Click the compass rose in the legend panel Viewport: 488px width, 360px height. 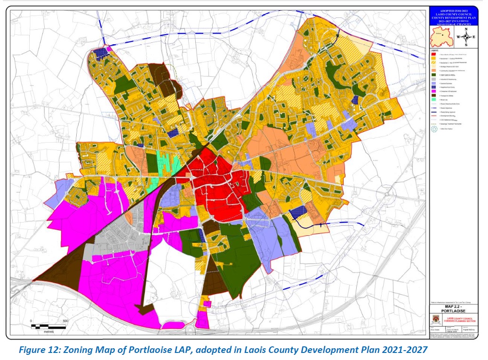pos(466,36)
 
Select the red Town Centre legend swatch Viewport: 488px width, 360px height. pos(433,54)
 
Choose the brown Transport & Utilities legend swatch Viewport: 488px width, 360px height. pos(433,96)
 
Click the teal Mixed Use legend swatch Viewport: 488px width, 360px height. pos(433,102)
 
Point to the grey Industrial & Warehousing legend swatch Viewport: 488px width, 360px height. pos(433,78)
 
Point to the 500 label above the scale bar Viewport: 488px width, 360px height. pos(65,321)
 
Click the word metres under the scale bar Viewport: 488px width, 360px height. pos(48,331)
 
